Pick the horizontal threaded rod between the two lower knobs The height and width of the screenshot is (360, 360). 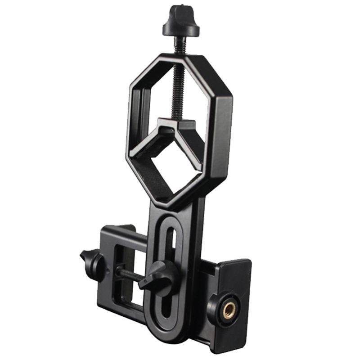(x=128, y=272)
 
